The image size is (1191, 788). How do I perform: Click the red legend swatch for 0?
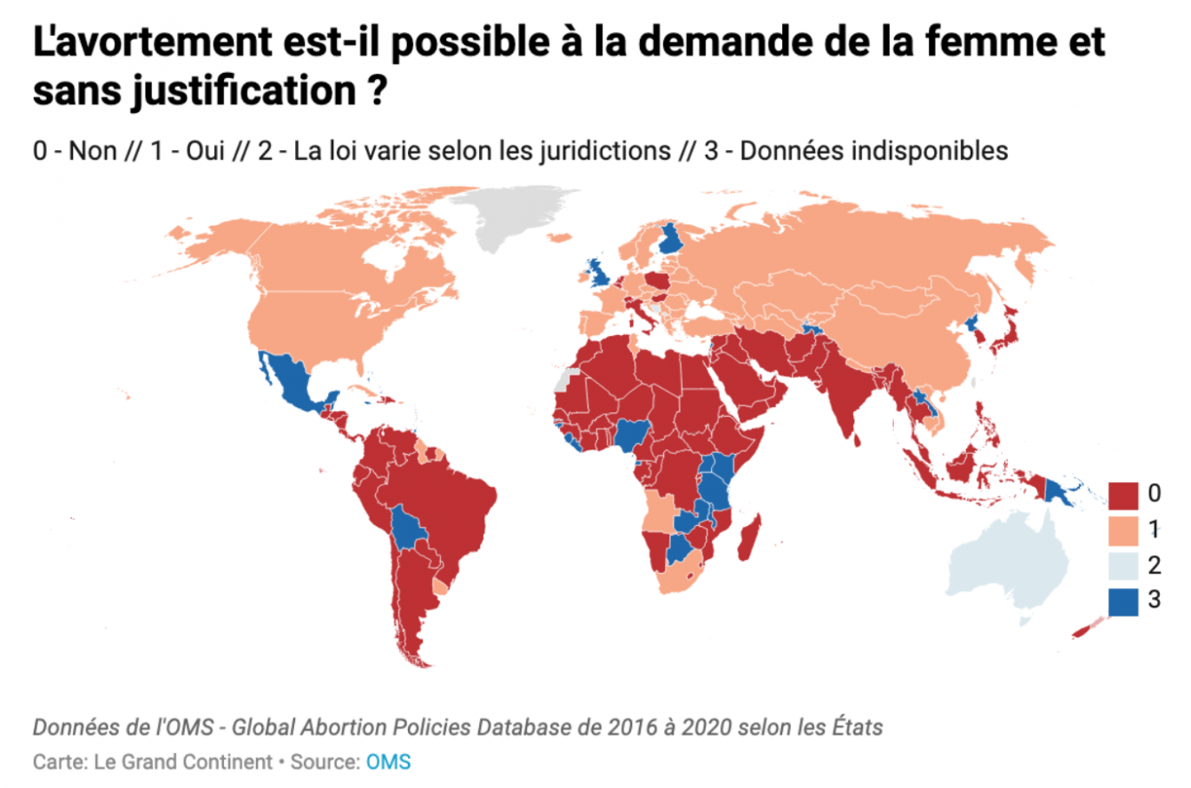coord(1123,493)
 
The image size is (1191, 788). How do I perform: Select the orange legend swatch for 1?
coord(1123,529)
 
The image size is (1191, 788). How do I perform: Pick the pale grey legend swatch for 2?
coord(1123,564)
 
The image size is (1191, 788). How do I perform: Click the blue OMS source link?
coord(388,762)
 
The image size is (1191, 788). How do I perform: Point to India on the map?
coord(843,391)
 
